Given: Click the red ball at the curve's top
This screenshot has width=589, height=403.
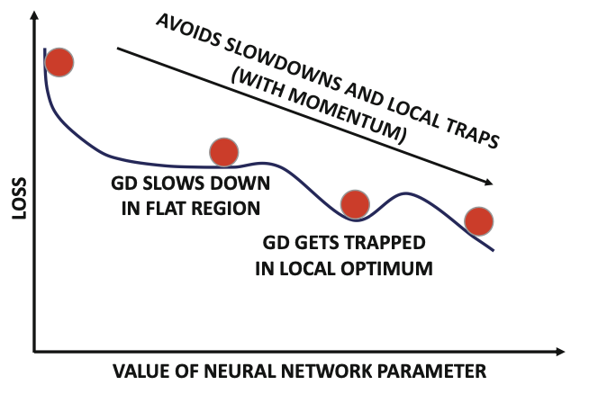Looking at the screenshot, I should click(x=59, y=62).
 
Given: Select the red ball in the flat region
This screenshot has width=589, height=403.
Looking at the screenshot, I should click(x=223, y=152).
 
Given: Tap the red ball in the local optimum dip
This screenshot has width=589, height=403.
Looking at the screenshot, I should click(x=355, y=204).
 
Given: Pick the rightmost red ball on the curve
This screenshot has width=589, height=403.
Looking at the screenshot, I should click(x=480, y=219).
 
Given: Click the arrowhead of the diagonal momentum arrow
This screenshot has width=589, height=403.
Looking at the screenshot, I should click(x=489, y=183).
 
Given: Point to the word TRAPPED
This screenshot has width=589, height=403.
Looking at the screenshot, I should click(x=389, y=246).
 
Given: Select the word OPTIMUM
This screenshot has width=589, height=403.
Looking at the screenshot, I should click(x=393, y=267).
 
